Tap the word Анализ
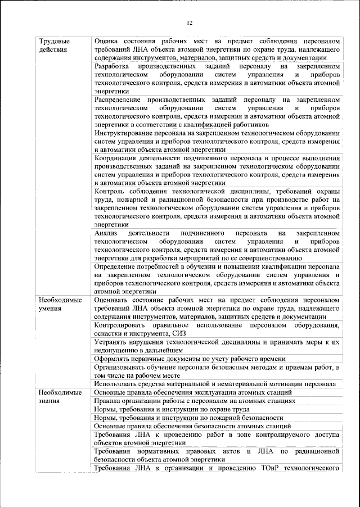[x=106, y=233]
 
